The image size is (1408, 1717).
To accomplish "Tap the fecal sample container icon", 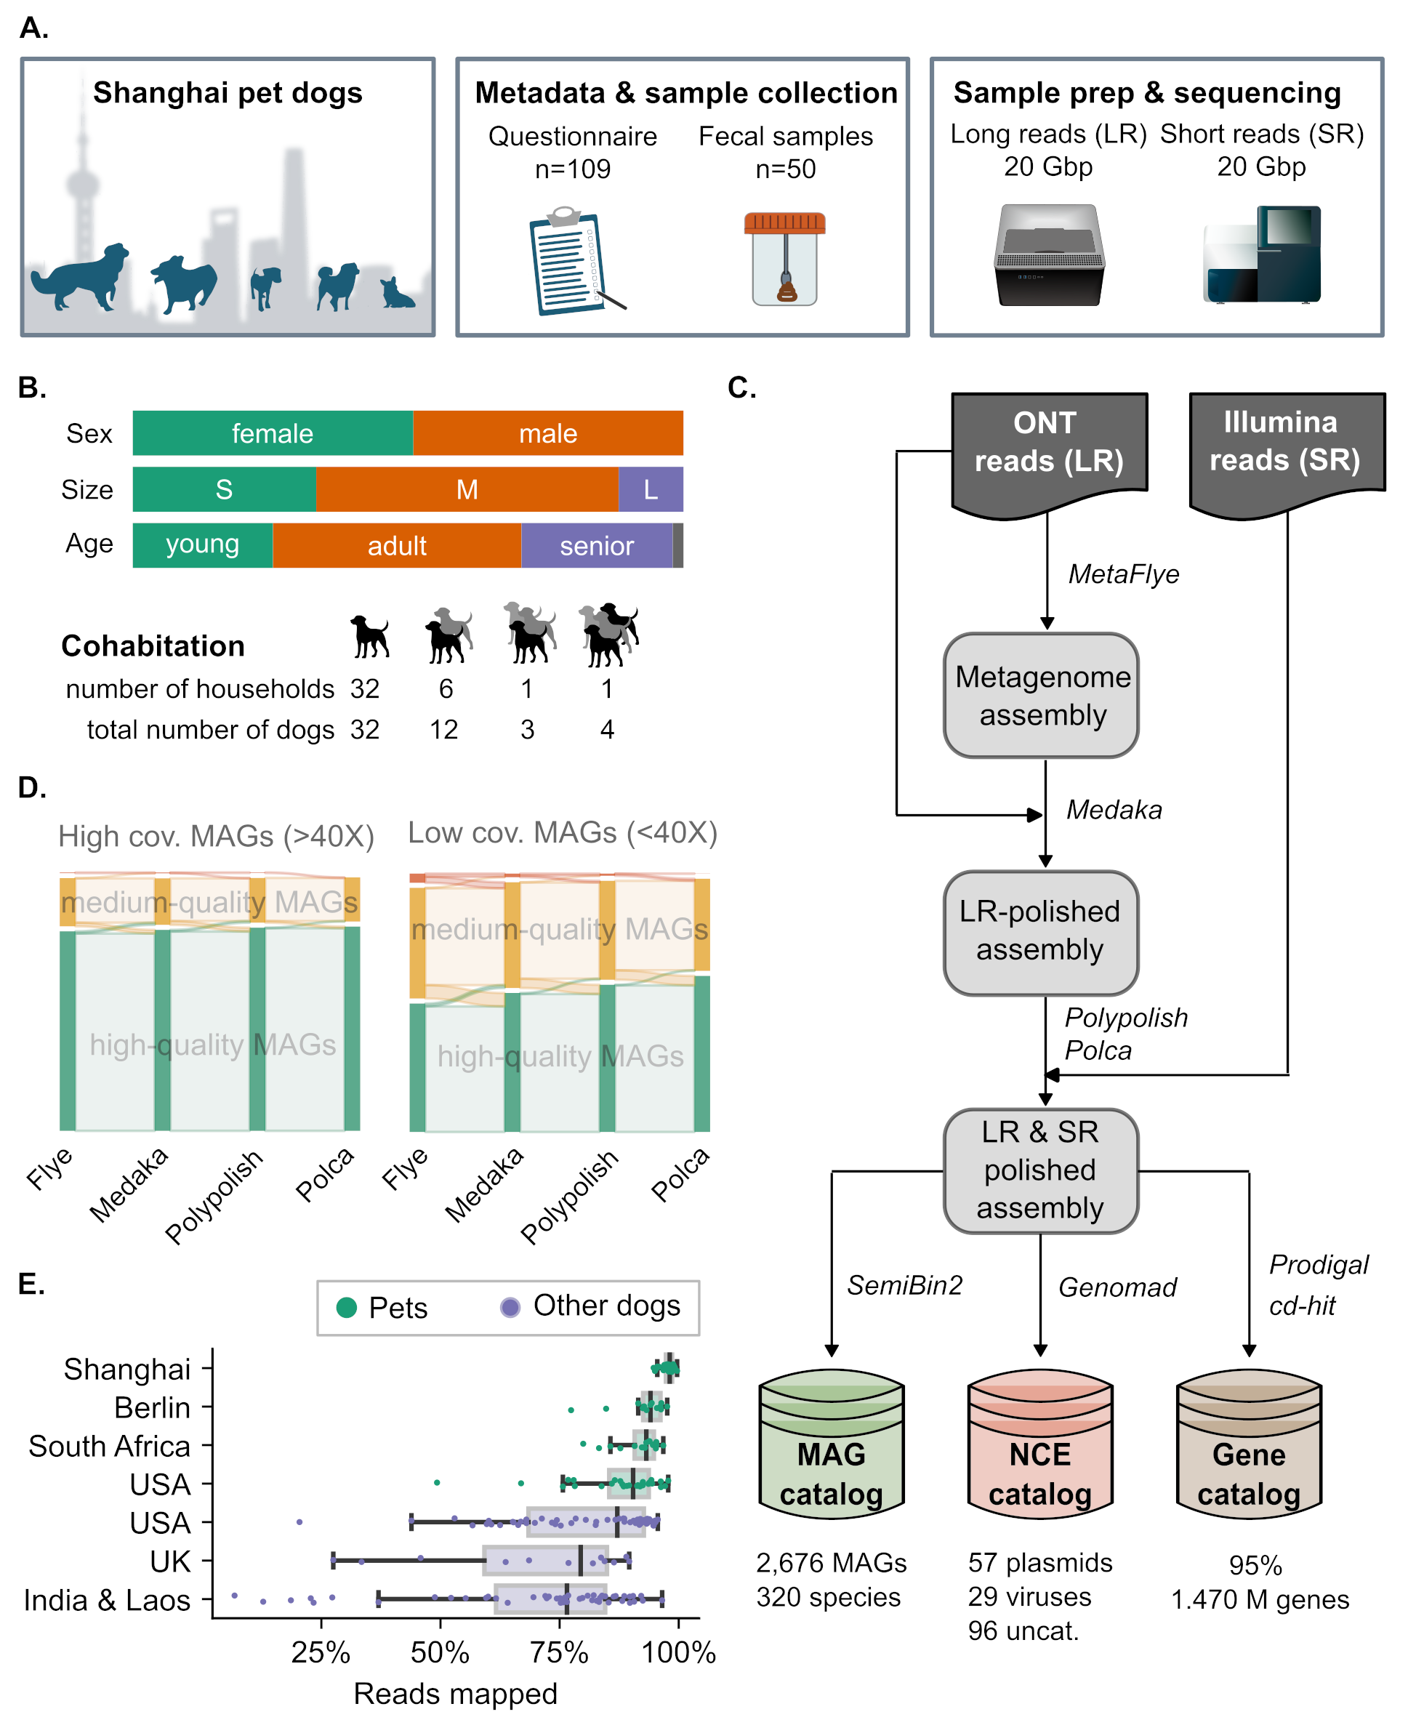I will tap(784, 258).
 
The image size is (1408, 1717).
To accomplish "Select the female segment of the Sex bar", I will tap(273, 433).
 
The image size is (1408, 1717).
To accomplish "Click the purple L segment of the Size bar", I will tap(651, 489).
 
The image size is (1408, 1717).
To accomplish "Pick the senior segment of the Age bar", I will tap(597, 546).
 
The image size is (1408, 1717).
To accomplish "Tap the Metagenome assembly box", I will tap(1042, 695).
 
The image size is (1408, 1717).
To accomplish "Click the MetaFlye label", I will tap(1123, 574).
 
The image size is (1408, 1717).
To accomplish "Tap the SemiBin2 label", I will tap(904, 1285).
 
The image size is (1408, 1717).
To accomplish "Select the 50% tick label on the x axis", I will tap(440, 1652).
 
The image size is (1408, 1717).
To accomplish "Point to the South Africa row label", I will tap(110, 1446).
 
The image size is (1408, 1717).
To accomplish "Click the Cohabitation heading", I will tap(153, 646).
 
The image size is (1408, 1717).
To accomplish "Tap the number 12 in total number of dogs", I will tap(444, 729).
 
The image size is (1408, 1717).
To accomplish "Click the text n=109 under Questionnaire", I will tap(573, 169).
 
